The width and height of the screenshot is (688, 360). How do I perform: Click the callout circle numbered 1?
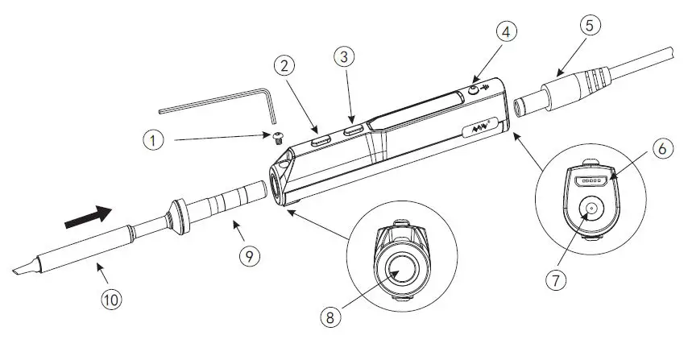point(152,139)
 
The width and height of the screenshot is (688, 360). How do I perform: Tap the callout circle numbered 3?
point(344,57)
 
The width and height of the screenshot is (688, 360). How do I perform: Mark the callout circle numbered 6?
point(661,150)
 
